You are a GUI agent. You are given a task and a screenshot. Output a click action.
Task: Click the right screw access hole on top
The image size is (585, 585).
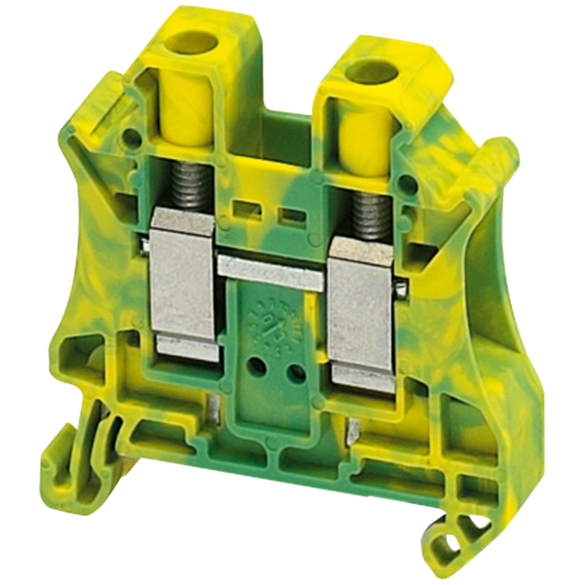(x=371, y=70)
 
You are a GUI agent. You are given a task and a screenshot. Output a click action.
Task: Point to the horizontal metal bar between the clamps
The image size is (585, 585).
(x=270, y=269)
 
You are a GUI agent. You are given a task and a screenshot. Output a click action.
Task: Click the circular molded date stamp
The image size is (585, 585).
(x=275, y=321)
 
